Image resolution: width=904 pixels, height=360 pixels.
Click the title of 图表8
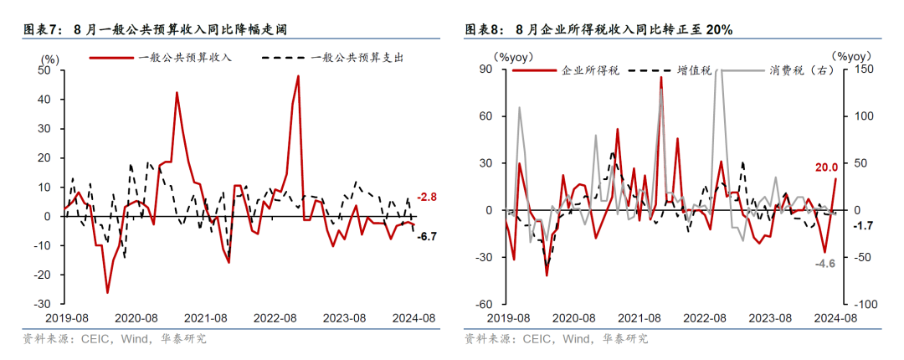[x=598, y=30]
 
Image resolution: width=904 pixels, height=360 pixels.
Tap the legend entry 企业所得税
[x=590, y=70]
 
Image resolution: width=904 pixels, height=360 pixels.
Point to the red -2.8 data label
[x=427, y=197]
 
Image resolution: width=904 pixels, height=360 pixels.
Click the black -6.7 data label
[x=427, y=237]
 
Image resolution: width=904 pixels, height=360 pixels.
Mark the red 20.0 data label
[x=827, y=167]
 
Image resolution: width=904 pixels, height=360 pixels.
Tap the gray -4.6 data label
[x=826, y=264]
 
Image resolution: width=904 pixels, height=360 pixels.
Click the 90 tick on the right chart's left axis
[x=486, y=69]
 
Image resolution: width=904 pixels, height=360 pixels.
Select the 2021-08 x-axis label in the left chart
[x=206, y=318]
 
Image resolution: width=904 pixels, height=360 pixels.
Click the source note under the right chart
[x=557, y=339]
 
